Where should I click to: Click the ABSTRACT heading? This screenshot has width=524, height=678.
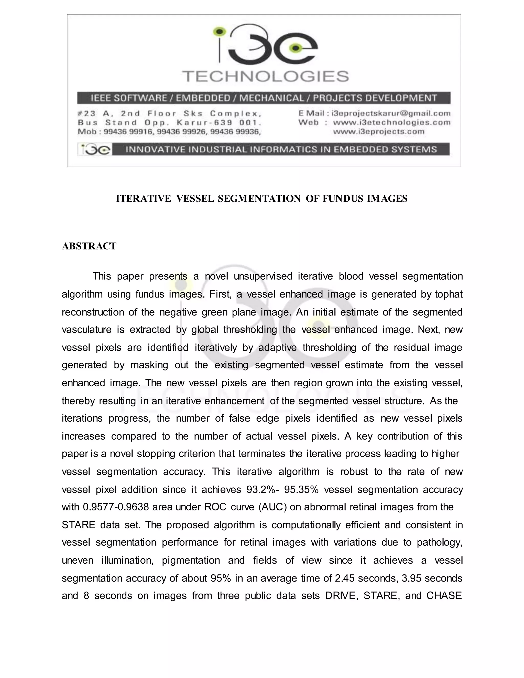[x=89, y=246]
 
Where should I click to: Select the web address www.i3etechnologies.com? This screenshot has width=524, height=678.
[x=391, y=122]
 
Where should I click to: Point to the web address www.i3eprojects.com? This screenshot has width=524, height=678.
[x=378, y=132]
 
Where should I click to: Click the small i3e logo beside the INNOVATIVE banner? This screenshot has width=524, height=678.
[x=94, y=150]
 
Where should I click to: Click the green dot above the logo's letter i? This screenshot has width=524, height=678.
[x=220, y=31]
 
